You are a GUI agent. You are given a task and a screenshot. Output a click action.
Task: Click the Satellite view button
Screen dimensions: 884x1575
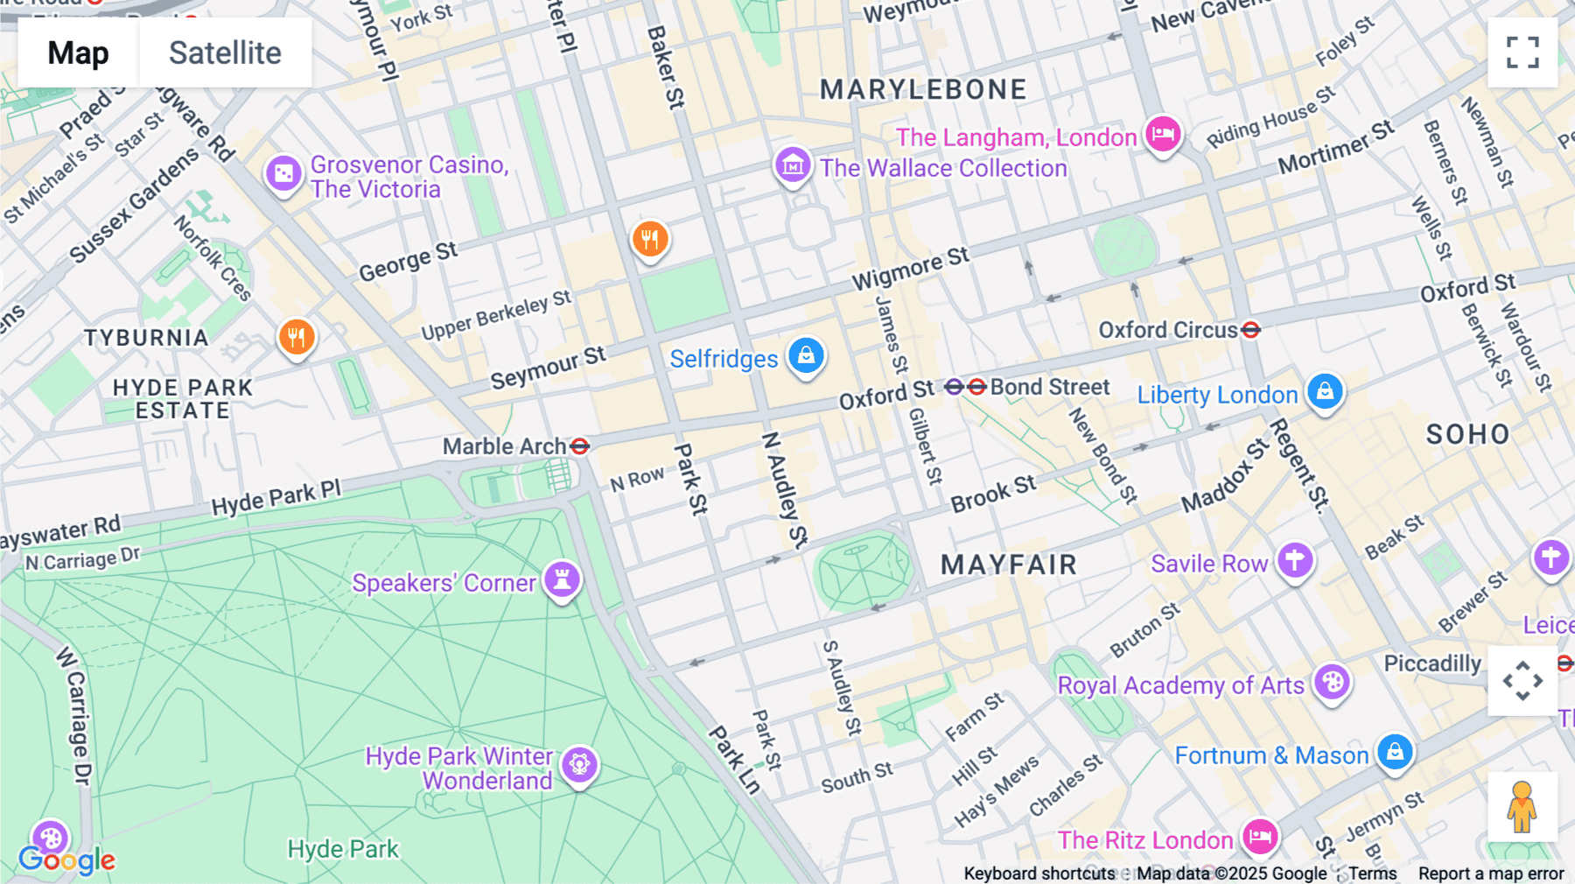click(x=225, y=53)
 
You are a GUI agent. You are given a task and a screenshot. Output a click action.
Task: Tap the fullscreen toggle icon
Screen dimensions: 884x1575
click(x=1522, y=53)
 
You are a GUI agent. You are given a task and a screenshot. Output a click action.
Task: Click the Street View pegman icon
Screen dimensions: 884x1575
click(x=1522, y=807)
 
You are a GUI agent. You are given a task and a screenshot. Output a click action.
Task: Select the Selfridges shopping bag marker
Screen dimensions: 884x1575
click(x=806, y=355)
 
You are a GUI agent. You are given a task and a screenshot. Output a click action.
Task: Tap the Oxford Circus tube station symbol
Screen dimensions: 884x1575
click(x=1251, y=330)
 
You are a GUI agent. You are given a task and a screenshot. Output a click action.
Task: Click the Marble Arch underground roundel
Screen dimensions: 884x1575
click(x=579, y=446)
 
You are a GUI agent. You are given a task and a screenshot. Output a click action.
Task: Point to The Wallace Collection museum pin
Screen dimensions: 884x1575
click(x=793, y=164)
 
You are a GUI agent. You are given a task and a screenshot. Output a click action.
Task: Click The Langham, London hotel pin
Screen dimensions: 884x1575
click(x=1163, y=134)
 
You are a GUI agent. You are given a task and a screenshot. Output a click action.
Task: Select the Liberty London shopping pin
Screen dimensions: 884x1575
click(x=1325, y=391)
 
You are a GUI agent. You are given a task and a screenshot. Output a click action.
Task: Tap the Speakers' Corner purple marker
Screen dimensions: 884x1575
click(x=563, y=579)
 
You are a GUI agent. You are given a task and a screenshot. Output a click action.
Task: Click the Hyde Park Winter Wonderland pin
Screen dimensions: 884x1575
click(x=579, y=765)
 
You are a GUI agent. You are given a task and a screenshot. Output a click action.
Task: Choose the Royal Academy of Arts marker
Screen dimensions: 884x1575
click(x=1332, y=682)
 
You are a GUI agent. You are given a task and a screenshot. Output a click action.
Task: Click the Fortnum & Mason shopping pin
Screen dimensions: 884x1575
click(x=1395, y=752)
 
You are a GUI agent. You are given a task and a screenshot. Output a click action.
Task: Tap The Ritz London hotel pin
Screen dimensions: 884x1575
click(x=1260, y=837)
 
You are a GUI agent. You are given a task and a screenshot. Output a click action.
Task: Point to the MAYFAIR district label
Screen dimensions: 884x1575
click(x=1009, y=565)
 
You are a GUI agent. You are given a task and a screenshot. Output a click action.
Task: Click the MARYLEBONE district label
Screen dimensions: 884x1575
click(x=923, y=89)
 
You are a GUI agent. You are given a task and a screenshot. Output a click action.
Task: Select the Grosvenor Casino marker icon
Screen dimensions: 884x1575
click(x=283, y=174)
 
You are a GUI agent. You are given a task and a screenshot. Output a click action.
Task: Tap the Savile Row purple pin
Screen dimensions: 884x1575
click(x=1295, y=559)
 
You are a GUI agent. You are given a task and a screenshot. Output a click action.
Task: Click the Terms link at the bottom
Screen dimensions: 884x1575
click(x=1372, y=873)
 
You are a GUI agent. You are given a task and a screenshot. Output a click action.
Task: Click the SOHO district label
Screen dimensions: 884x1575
click(x=1467, y=434)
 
